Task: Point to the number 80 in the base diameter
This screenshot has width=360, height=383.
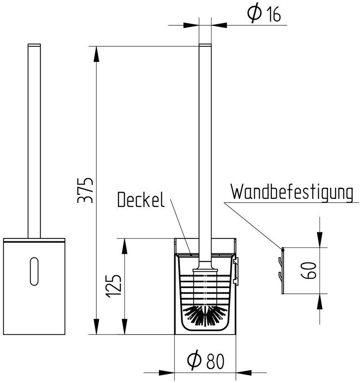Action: [215, 361]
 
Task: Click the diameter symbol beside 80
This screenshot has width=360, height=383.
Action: [194, 360]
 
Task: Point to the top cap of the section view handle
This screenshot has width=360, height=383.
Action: [205, 45]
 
